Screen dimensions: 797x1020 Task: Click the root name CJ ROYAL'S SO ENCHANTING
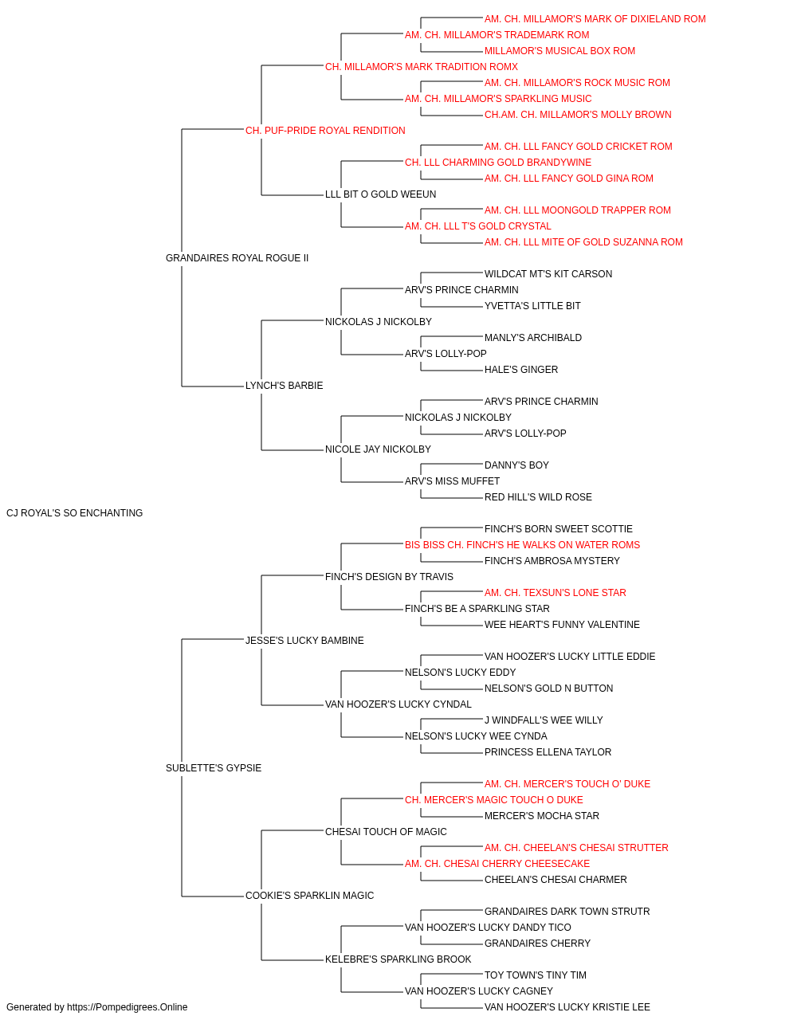pyautogui.click(x=74, y=513)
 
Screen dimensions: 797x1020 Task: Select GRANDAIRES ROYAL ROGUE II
pyautogui.click(x=237, y=258)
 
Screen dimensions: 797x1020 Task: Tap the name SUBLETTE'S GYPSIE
pyautogui.click(x=214, y=768)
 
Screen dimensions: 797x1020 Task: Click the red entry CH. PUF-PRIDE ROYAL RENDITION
pyautogui.click(x=325, y=131)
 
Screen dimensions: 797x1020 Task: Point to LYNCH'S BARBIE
pyautogui.click(x=284, y=386)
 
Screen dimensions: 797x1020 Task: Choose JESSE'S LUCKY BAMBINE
pyautogui.click(x=304, y=640)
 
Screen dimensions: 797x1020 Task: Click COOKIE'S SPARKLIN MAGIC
pyautogui.click(x=310, y=895)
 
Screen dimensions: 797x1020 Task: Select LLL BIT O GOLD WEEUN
pyautogui.click(x=381, y=194)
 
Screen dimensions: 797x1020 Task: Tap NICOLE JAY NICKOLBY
pyautogui.click(x=378, y=449)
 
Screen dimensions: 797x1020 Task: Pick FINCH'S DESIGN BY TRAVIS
pyautogui.click(x=389, y=576)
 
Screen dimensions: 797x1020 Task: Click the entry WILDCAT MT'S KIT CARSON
pyautogui.click(x=548, y=273)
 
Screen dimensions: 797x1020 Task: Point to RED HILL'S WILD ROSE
pyautogui.click(x=538, y=497)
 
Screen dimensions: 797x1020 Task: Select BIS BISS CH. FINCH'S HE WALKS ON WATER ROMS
pyautogui.click(x=522, y=544)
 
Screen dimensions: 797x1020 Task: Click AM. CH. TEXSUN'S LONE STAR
pyautogui.click(x=556, y=592)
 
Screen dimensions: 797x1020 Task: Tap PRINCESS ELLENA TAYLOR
pyautogui.click(x=548, y=752)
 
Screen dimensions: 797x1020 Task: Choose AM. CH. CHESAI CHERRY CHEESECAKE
pyautogui.click(x=497, y=863)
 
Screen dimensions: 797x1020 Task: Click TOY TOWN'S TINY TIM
pyautogui.click(x=535, y=975)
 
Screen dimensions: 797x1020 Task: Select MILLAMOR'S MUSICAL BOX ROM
pyautogui.click(x=559, y=51)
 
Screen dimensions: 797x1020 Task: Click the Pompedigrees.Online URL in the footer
pyautogui.click(x=128, y=1007)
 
